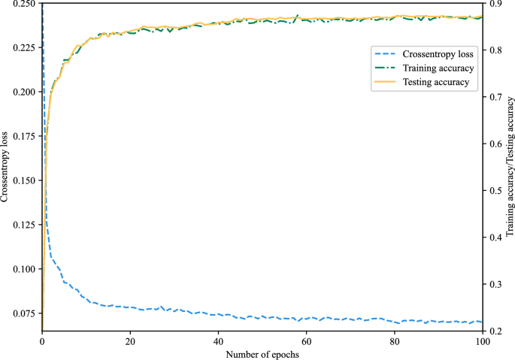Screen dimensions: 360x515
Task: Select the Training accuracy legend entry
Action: [438, 68]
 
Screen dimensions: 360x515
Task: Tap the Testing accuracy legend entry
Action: [436, 82]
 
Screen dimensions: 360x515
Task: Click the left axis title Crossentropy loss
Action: [5, 167]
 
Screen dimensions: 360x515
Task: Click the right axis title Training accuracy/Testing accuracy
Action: [510, 167]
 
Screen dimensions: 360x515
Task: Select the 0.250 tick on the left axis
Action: [23, 4]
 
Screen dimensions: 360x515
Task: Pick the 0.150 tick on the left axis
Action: [23, 180]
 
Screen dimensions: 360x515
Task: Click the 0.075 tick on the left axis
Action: [23, 313]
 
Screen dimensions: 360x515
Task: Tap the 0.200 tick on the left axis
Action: [23, 92]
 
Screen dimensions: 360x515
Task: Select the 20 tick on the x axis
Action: [130, 340]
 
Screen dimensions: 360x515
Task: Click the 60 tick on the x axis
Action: [307, 340]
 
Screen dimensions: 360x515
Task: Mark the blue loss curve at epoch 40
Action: [219, 314]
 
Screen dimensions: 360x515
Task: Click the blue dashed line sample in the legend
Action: [385, 54]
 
